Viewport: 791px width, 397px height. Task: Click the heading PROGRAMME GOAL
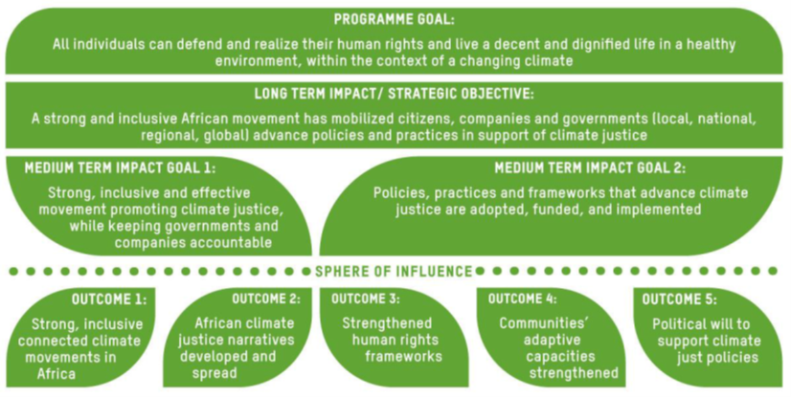[x=394, y=20]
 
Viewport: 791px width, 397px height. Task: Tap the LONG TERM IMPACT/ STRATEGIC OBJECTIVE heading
[x=394, y=94]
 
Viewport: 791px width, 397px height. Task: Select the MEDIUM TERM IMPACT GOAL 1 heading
[x=120, y=168]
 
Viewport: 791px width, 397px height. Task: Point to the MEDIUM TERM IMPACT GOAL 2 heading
[x=590, y=168]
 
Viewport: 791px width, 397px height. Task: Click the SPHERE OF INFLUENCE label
[x=394, y=272]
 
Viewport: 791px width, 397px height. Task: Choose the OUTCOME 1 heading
[x=109, y=299]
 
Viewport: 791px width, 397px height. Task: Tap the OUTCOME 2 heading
[x=266, y=298]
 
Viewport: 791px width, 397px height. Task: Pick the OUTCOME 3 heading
[x=365, y=298]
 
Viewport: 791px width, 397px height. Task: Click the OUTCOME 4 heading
[x=522, y=298]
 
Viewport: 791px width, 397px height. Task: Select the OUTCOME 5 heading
[x=679, y=299]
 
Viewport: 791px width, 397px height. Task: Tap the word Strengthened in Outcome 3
[x=387, y=323]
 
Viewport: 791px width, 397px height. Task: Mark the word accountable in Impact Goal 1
[x=193, y=243]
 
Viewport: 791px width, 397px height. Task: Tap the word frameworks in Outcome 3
[x=403, y=357]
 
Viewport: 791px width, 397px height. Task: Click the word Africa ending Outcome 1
[x=56, y=374]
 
